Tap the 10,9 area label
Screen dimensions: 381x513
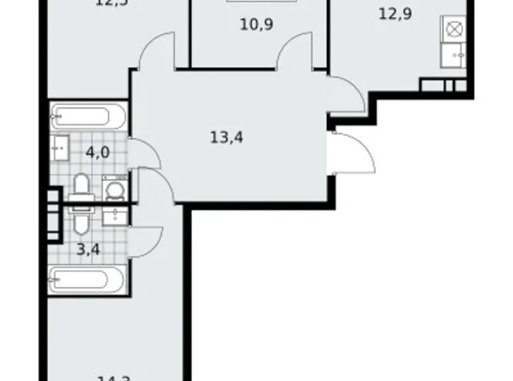pos(256,25)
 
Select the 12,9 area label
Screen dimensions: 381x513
pos(395,12)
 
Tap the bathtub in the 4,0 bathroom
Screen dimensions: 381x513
pos(87,117)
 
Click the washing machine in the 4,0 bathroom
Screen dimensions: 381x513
pos(116,189)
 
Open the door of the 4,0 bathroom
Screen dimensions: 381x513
pos(145,153)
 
